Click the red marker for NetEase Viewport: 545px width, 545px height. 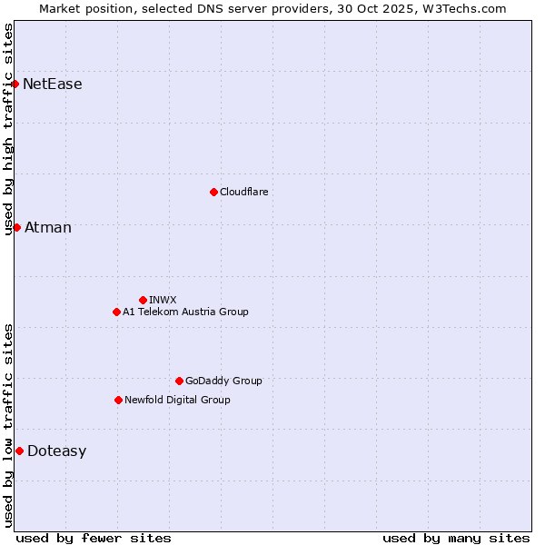pos(15,84)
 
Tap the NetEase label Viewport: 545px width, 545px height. pos(53,84)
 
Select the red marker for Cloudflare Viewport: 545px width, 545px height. pos(213,192)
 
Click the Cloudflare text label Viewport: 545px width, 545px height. pos(244,192)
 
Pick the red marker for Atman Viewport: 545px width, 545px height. pos(16,227)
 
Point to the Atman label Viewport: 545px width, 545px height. pos(48,227)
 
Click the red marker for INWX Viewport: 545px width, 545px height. pos(143,300)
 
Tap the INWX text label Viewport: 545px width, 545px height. pos(163,300)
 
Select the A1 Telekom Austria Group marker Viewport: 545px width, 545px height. pos(116,312)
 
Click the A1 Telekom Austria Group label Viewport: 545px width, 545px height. pos(185,312)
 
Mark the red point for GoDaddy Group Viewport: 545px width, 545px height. pos(179,381)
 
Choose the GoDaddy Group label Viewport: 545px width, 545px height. pos(223,381)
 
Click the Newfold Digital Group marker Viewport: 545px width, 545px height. pos(118,400)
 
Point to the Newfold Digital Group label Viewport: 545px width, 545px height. pos(177,400)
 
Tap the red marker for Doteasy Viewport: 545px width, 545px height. pos(19,451)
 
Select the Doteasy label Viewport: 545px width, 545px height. pos(57,451)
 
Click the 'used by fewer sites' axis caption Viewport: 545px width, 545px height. pos(94,538)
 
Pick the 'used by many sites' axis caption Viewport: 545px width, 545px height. pos(456,538)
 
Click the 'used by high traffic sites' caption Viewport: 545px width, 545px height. pos(9,129)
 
